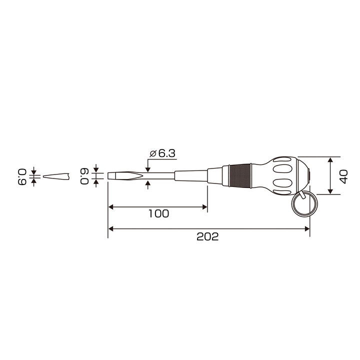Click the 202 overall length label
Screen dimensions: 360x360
pyautogui.click(x=207, y=236)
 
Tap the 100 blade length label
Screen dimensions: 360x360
pyautogui.click(x=159, y=213)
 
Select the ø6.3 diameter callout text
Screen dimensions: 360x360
pyautogui.click(x=162, y=153)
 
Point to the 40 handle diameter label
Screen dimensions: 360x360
pyautogui.click(x=343, y=176)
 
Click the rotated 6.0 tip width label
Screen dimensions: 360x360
pyautogui.click(x=84, y=176)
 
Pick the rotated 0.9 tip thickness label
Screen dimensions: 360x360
pyautogui.click(x=22, y=177)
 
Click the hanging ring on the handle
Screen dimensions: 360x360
pyautogui.click(x=304, y=204)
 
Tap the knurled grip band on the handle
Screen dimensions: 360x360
pyautogui.click(x=240, y=175)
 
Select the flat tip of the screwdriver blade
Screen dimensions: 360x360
pyautogui.click(x=111, y=175)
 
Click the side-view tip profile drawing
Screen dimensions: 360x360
pyautogui.click(x=56, y=176)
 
